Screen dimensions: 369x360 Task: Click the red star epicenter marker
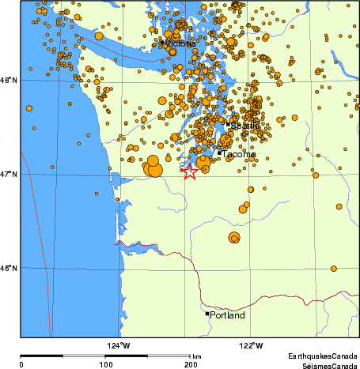[189, 171]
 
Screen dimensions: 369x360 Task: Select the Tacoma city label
[240, 154]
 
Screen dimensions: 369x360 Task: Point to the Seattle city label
[244, 126]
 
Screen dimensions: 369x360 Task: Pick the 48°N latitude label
[9, 80]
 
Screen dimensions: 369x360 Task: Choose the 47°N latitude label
[9, 174]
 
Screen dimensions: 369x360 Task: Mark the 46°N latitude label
[9, 268]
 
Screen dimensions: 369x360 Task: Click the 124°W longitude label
[119, 345]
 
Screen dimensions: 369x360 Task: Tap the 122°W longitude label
[251, 345]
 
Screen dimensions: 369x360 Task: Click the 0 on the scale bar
[21, 365]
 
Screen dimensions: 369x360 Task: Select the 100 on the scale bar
[105, 365]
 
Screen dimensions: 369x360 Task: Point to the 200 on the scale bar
[190, 365]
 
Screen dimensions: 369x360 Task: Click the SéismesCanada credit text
[323, 366]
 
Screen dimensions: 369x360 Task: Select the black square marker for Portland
[207, 314]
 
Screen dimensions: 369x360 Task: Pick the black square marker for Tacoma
[219, 153]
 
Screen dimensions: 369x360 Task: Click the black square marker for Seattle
[228, 124]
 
